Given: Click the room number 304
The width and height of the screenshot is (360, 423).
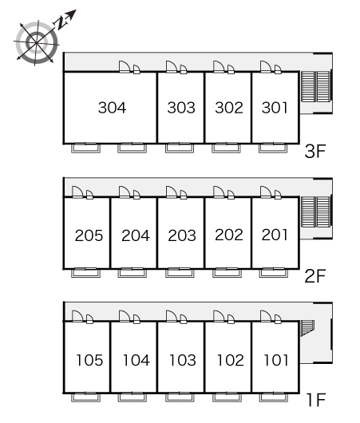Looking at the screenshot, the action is [112, 108].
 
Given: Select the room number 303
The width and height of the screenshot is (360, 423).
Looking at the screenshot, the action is [181, 108].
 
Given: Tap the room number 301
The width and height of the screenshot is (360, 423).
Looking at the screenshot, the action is [275, 108].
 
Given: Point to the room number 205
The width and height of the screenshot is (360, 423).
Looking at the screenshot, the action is [89, 235].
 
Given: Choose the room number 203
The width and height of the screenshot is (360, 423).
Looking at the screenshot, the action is [182, 235].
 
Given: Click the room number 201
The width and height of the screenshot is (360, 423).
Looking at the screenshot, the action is [275, 235].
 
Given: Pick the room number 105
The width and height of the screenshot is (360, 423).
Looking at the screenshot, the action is [89, 360].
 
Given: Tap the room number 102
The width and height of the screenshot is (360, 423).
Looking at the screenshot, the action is [230, 360].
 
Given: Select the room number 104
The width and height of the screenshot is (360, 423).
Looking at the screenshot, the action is [136, 360].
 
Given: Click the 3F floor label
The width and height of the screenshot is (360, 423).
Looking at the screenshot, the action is [315, 151].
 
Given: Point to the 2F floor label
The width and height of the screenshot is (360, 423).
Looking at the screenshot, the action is [315, 275].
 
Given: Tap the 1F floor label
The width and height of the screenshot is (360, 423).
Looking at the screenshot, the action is [316, 400].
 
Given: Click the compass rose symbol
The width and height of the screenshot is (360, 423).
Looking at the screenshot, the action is [36, 42].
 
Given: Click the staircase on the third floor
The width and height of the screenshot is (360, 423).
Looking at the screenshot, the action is [316, 87].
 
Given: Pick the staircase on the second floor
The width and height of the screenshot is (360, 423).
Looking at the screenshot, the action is [316, 212].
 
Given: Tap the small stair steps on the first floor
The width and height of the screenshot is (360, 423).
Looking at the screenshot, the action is [307, 328].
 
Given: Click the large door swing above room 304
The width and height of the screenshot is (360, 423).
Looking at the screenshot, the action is [125, 66].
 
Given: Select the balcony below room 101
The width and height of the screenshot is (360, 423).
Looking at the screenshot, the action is [273, 397].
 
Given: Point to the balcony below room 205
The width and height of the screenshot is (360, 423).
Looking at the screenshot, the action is [86, 273].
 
